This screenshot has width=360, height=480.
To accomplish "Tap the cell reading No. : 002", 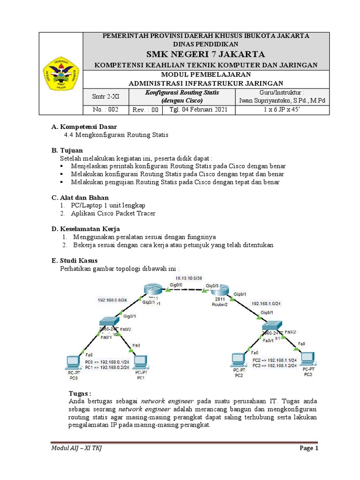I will click(104, 110).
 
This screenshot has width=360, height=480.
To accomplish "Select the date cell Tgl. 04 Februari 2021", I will click(198, 110).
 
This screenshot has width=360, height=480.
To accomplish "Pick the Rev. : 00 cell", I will click(146, 110).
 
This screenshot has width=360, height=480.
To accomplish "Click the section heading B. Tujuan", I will click(67, 150).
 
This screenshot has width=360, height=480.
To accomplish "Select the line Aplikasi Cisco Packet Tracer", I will click(113, 213).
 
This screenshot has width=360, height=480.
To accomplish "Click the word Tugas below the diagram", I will click(79, 393).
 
